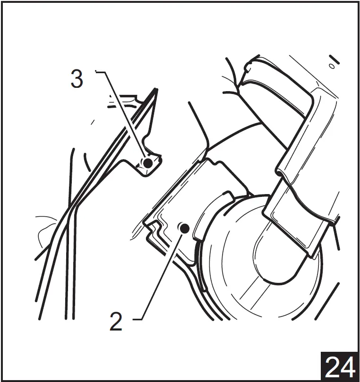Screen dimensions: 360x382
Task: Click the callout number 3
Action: pos(77,78)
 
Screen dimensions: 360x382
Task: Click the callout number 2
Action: pos(116,322)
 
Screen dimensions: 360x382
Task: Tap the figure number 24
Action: pos(340,367)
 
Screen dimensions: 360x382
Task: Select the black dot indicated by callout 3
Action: pos(148,163)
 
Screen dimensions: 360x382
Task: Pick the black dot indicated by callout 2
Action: pos(185,228)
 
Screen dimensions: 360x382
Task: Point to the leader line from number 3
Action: pos(126,116)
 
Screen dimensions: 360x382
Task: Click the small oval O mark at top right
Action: pos(332,66)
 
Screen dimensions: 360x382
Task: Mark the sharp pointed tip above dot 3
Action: pos(156,89)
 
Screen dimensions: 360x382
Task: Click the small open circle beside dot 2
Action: pos(180,227)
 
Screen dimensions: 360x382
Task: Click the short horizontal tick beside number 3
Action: pos(100,72)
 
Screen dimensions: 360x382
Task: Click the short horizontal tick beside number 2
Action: pos(137,319)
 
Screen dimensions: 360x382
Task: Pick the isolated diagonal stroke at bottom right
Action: pos(327,301)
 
